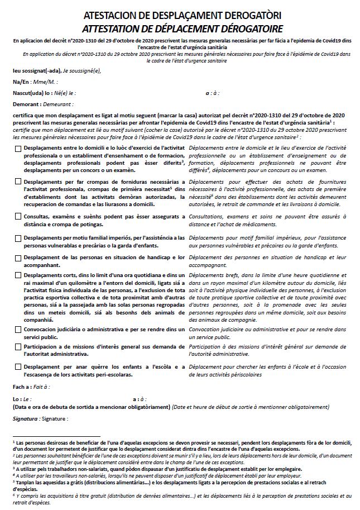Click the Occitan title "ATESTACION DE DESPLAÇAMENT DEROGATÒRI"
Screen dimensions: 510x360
coord(179,15)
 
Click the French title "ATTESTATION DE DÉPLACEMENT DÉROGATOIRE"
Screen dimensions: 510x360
coord(179,28)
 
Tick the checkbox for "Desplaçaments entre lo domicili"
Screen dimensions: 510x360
coord(18,149)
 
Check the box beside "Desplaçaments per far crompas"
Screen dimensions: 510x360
coord(18,182)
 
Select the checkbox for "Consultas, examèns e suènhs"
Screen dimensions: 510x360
coord(18,216)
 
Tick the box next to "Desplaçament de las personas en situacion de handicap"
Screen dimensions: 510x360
coord(18,258)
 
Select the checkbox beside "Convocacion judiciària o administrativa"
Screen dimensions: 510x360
coord(18,330)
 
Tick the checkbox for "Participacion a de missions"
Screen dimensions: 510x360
coord(18,347)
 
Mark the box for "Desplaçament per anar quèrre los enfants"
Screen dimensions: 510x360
coord(18,367)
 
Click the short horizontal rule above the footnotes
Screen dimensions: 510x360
coord(56,436)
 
